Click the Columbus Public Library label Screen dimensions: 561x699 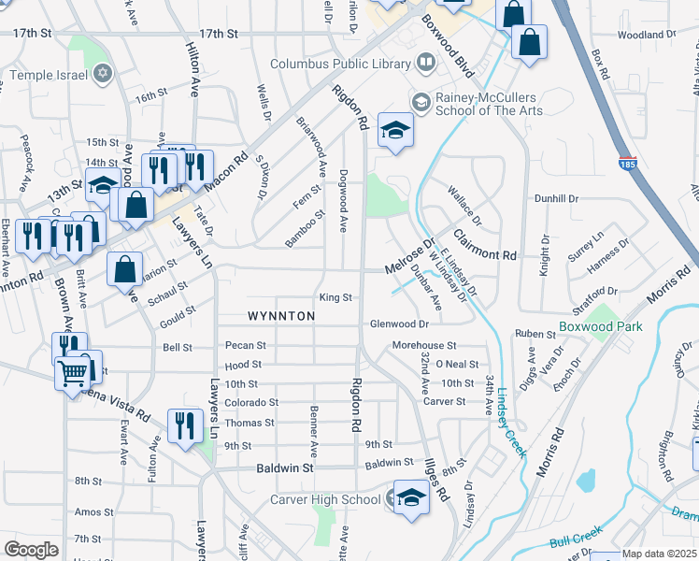click(x=339, y=65)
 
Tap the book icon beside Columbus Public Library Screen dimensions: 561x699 click(x=426, y=64)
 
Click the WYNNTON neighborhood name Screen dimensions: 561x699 click(x=281, y=316)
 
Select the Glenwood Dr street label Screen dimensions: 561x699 click(x=399, y=324)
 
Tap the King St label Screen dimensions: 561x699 click(x=335, y=297)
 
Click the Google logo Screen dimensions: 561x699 click(x=31, y=550)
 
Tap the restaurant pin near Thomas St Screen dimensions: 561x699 click(x=185, y=424)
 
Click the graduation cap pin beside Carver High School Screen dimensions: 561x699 click(x=410, y=496)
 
